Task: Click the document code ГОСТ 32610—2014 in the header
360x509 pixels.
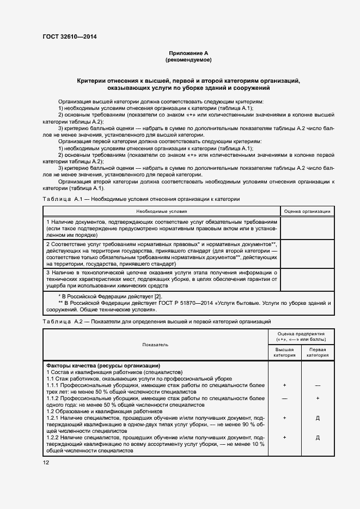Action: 65,38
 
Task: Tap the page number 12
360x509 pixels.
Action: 46,462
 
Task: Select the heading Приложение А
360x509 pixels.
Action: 188,53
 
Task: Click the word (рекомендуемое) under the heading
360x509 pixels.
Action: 188,60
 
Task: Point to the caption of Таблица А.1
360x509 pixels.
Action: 141,199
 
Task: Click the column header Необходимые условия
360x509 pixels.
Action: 161,211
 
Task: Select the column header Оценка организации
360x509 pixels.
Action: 307,211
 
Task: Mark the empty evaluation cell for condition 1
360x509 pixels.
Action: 307,229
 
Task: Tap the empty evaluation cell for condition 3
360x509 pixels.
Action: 307,279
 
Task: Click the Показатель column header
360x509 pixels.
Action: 155,344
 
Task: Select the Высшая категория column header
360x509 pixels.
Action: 284,352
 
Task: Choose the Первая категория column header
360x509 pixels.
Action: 318,352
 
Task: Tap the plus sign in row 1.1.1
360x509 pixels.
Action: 284,385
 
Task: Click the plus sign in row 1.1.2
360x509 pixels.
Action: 318,398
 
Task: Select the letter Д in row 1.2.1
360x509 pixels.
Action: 318,418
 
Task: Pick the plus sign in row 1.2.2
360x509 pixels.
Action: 284,437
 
